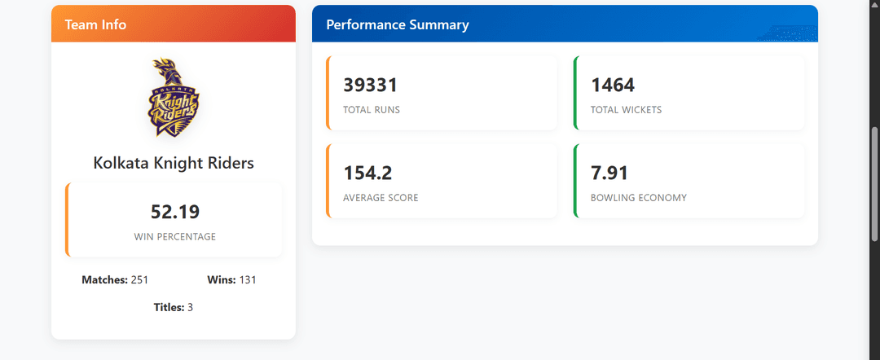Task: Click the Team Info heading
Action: pyautogui.click(x=95, y=24)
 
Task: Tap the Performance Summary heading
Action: pyautogui.click(x=398, y=24)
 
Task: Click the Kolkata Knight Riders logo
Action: pyautogui.click(x=174, y=97)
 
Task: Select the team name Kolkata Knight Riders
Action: pyautogui.click(x=174, y=163)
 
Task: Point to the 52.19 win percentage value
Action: pyautogui.click(x=175, y=212)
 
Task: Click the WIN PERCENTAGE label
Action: pyautogui.click(x=175, y=237)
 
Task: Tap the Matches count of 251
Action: pyautogui.click(x=139, y=280)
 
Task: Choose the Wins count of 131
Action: pyautogui.click(x=248, y=280)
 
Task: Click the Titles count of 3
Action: pyautogui.click(x=190, y=307)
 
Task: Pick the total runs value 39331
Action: pyautogui.click(x=371, y=86)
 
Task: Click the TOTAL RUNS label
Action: pyautogui.click(x=372, y=110)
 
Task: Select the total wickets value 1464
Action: pyautogui.click(x=613, y=86)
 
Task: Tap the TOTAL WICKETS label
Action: pyautogui.click(x=627, y=110)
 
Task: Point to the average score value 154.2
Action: pyautogui.click(x=367, y=173)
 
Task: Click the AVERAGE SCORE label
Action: pyautogui.click(x=381, y=198)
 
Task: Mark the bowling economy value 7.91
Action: pyautogui.click(x=609, y=173)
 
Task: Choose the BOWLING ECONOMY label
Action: pyautogui.click(x=639, y=198)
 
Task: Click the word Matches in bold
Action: pyautogui.click(x=105, y=280)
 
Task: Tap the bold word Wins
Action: pyautogui.click(x=222, y=280)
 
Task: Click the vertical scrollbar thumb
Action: pyautogui.click(x=874, y=185)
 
